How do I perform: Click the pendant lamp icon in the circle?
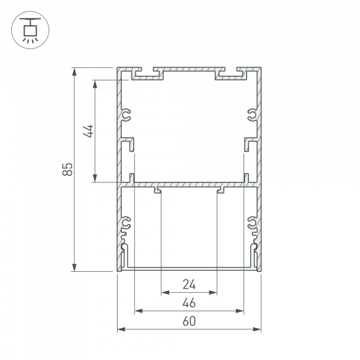28,28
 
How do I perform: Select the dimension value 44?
88,131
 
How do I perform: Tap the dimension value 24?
189,284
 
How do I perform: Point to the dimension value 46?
189,302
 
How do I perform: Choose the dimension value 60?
189,321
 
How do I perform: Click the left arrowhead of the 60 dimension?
120,329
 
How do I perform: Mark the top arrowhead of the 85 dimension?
74,71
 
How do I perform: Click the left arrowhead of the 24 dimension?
164,293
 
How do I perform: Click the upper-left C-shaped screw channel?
126,115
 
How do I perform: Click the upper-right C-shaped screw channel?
252,115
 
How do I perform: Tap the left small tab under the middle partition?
157,191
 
